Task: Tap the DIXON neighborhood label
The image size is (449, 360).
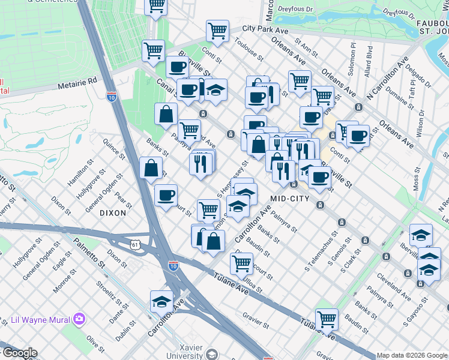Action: [113, 213]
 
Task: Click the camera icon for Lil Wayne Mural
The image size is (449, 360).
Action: [79, 320]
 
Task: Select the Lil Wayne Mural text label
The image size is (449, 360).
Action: [35, 320]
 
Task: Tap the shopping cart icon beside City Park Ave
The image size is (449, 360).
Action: [217, 30]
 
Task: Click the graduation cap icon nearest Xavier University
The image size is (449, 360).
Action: [161, 301]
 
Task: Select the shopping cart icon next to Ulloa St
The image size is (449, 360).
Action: [241, 263]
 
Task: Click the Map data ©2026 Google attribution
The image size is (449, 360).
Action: [412, 355]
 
